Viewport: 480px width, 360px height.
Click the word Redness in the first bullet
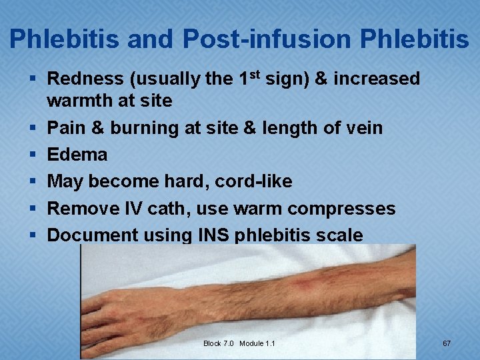85,79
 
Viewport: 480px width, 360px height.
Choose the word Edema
77,155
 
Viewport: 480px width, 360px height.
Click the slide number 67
447,343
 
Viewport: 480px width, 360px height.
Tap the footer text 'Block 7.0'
219,343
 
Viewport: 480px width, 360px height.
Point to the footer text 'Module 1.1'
257,343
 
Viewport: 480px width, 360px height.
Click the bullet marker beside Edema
32,155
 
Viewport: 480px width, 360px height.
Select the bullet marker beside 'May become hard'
32,181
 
